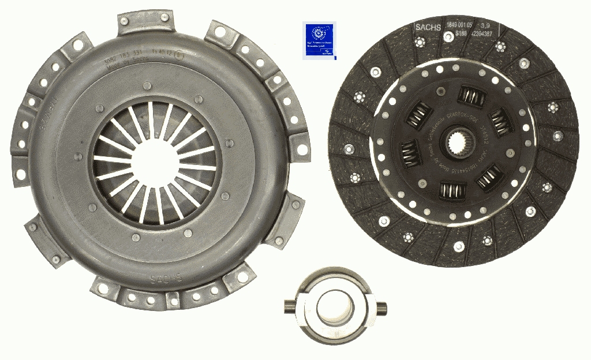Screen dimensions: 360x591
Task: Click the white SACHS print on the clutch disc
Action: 428,27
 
